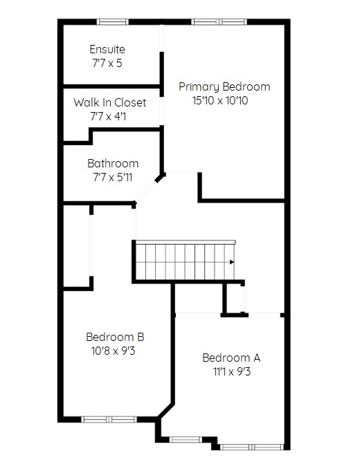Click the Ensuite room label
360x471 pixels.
[x=107, y=49]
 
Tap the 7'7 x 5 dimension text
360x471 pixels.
[x=107, y=63]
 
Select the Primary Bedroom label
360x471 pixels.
[x=224, y=87]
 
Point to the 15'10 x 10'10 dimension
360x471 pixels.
[x=220, y=100]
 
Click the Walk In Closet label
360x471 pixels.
[x=110, y=102]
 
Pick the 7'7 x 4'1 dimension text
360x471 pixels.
[x=108, y=116]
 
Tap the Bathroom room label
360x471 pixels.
[x=113, y=163]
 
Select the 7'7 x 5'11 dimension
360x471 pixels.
[x=112, y=177]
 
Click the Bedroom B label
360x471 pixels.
[x=115, y=337]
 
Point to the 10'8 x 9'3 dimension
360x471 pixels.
[x=113, y=351]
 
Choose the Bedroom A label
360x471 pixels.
[x=231, y=358]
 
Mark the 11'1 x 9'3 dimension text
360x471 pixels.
[x=232, y=372]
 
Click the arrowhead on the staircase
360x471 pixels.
[x=232, y=262]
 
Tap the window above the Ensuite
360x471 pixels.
[x=112, y=21]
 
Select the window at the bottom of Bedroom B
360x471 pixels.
[x=109, y=419]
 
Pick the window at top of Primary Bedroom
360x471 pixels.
[x=219, y=21]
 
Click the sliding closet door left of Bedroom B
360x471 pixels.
[x=91, y=245]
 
